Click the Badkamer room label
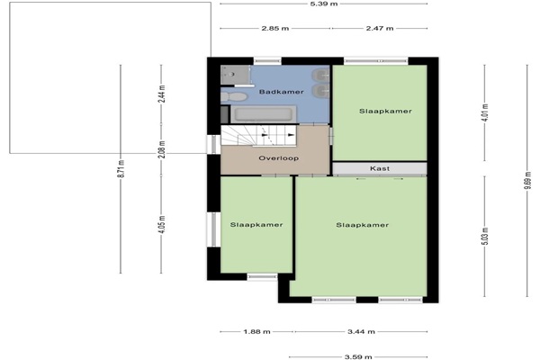point(282,92)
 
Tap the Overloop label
point(279,158)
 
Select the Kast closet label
point(380,168)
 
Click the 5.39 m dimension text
point(324,4)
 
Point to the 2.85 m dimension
point(275,28)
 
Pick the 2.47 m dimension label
point(380,28)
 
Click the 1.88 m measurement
point(256,332)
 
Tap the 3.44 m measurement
point(361,332)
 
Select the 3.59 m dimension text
point(358,357)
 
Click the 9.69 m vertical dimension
point(527,180)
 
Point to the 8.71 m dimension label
point(121,169)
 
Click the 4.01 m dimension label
point(484,112)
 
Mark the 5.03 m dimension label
point(484,237)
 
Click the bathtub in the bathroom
point(264,114)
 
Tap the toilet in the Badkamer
point(234,96)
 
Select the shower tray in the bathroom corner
point(235,75)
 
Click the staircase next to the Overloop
point(258,135)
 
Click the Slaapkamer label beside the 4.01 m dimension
point(386,111)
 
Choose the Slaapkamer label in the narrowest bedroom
point(256,225)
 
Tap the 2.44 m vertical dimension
point(162,94)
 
